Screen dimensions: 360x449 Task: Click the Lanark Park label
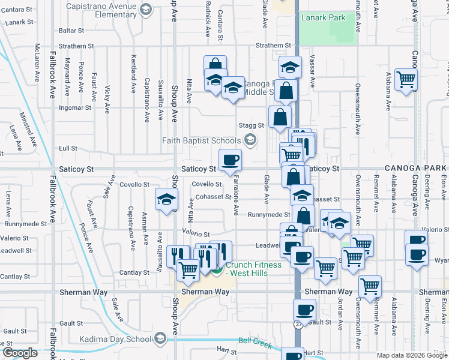point(324,18)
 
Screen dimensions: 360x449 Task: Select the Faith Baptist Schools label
point(201,141)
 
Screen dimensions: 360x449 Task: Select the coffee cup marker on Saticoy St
point(231,160)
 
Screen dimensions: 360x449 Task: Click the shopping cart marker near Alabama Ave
point(406,79)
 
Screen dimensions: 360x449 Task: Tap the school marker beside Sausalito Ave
point(166,200)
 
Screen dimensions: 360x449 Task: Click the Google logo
point(20,353)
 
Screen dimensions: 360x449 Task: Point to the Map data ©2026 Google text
point(412,355)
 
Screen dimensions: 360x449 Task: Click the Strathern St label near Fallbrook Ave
point(76,46)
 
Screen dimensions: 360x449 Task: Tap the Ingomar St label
point(75,108)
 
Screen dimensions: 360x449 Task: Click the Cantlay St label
point(137,273)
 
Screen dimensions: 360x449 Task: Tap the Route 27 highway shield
point(298,324)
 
